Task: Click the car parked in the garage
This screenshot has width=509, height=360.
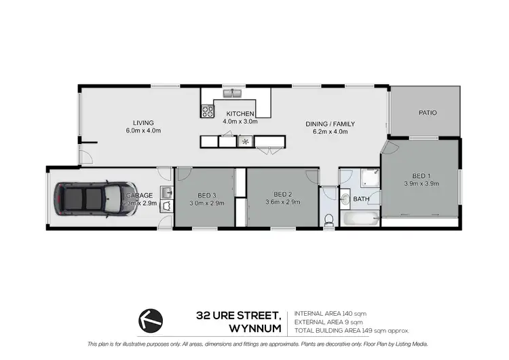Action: coord(92,199)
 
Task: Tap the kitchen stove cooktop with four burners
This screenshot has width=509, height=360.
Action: coord(208,110)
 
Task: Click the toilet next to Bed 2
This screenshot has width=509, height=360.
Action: coord(329,219)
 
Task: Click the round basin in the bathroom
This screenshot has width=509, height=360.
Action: coord(345,199)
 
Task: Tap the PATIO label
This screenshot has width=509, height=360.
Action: coord(427,113)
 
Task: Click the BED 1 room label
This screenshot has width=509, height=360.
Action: coord(421,175)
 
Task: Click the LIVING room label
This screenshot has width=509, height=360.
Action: coord(143,123)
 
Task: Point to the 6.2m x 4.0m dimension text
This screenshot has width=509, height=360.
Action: coord(330,132)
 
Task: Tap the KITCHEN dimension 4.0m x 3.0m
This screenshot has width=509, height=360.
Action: coord(240,122)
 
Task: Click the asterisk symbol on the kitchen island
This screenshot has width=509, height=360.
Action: coord(245,142)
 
